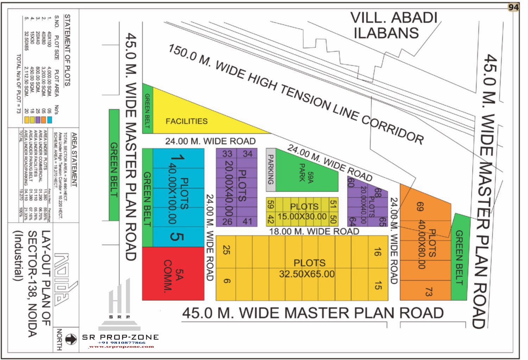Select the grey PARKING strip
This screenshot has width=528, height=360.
click(x=270, y=170)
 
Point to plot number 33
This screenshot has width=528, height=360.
click(x=227, y=154)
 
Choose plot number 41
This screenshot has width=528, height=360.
click(x=247, y=221)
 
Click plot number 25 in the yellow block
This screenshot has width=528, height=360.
click(x=226, y=250)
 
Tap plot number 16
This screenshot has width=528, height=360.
click(x=377, y=252)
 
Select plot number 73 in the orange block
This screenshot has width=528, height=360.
click(x=428, y=292)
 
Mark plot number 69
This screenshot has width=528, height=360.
click(x=419, y=207)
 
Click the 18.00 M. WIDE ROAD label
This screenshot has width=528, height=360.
click(x=314, y=231)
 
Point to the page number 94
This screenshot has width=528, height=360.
click(x=513, y=7)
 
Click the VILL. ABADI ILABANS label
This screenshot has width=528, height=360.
click(x=394, y=25)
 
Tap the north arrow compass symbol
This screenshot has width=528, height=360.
click(x=71, y=339)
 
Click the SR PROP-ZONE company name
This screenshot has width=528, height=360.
click(x=120, y=337)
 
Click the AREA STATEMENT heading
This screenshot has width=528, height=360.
click(x=74, y=160)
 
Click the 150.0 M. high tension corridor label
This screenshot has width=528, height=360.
click(x=296, y=93)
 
